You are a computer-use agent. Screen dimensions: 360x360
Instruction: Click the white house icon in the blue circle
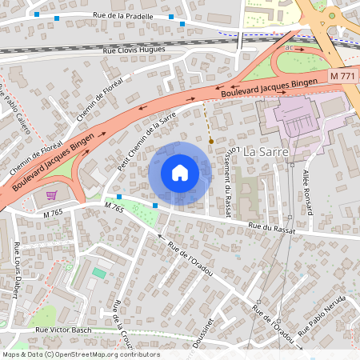(x=180, y=173)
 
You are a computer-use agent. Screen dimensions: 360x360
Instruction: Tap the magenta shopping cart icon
(x=52, y=194)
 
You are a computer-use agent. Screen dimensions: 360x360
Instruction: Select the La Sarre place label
(x=265, y=151)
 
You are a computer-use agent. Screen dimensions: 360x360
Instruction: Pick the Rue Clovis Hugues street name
(x=134, y=50)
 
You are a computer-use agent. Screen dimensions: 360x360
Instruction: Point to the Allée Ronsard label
(x=306, y=191)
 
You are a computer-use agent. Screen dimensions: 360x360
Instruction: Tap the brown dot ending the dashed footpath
(x=211, y=141)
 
